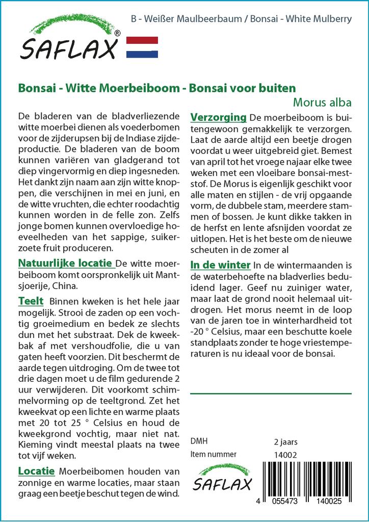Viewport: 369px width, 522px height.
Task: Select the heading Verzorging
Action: coord(218,118)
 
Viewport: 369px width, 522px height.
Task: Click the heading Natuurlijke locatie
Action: coord(65,264)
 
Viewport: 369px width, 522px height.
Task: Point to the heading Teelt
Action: coord(31,301)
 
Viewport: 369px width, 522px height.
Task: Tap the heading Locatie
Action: coord(36,471)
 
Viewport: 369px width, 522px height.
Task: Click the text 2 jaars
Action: coord(285,441)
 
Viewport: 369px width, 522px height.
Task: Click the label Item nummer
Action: coord(214,454)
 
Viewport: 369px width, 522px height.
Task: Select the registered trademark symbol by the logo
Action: coord(118,34)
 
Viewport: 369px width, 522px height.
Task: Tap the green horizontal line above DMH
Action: coord(271,394)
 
